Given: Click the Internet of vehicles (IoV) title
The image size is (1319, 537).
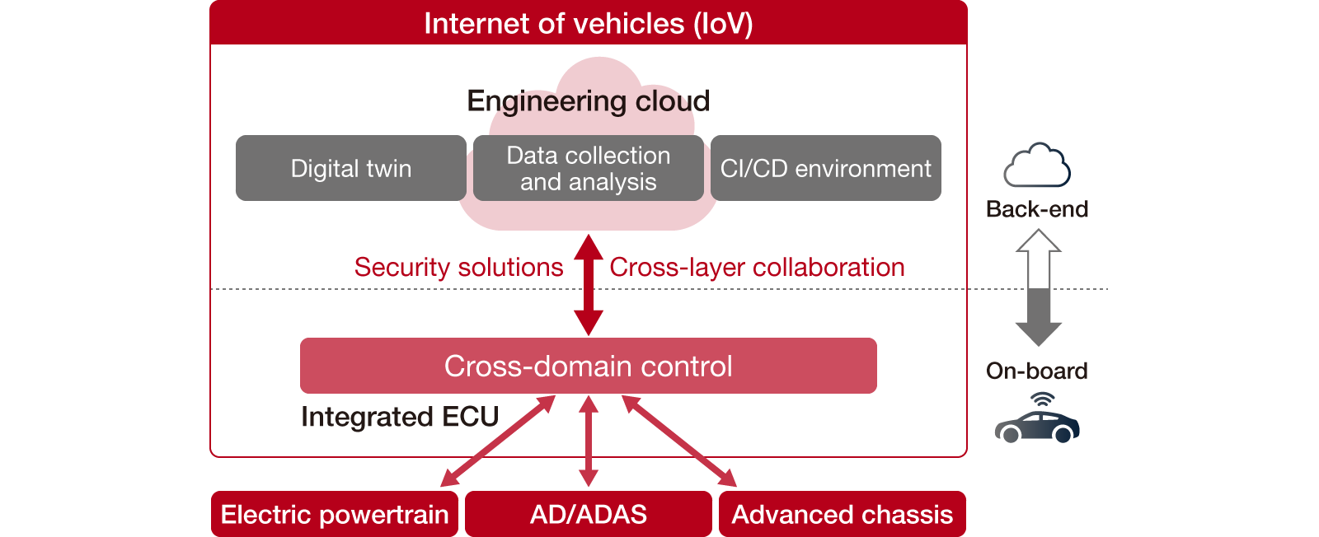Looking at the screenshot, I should click(588, 23).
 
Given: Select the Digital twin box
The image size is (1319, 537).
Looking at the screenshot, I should click(350, 168).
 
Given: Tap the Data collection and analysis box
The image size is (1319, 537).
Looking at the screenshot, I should click(588, 168).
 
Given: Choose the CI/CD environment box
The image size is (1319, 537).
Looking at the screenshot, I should click(825, 168).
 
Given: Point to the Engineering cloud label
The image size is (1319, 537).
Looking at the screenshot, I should click(588, 100).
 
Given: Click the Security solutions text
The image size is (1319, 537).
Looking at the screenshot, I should click(458, 267).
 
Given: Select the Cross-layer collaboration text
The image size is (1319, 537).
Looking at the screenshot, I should click(757, 267).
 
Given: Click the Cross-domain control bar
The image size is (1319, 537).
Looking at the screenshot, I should click(588, 366).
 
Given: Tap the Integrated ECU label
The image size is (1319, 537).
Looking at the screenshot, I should click(400, 417).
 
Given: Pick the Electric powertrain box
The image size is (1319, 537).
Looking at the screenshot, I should click(334, 514).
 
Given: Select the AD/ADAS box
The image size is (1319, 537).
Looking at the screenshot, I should click(588, 514).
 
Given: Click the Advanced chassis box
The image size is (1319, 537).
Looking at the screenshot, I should click(842, 514).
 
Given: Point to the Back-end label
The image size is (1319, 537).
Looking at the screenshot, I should click(1037, 209).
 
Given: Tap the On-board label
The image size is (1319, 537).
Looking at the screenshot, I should click(1037, 371).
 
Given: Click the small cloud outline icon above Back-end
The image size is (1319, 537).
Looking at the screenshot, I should click(1037, 166).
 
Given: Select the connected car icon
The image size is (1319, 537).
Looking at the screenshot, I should click(1037, 420).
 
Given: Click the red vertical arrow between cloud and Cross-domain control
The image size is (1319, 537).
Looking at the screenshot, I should click(588, 285).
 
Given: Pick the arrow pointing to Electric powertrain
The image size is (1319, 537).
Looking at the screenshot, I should click(497, 441).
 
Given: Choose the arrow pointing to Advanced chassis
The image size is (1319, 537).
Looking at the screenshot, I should click(679, 441).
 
